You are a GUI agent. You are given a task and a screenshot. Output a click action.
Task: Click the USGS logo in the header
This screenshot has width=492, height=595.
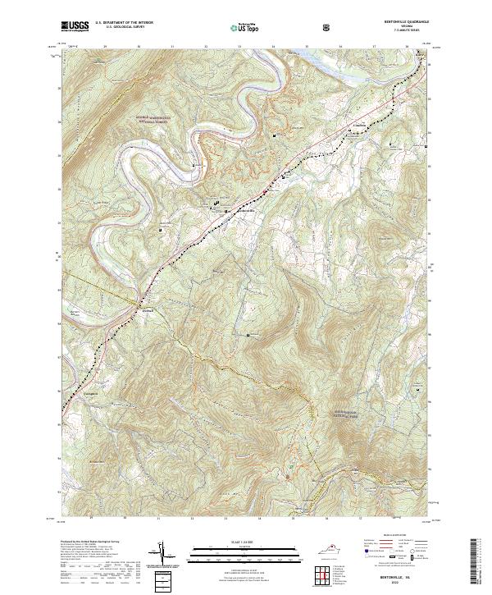point(75,27)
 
